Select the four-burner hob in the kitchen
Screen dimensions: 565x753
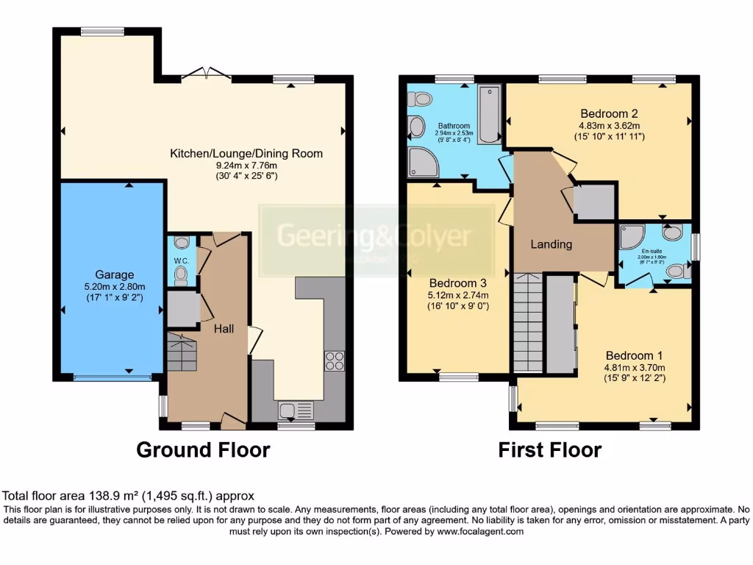click(x=333, y=360)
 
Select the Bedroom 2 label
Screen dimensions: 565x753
click(x=608, y=113)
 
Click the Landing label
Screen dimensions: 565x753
click(x=551, y=244)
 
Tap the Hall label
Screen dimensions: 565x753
click(x=224, y=329)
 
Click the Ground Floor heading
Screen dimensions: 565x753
click(x=203, y=449)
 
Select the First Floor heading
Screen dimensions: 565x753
click(x=549, y=449)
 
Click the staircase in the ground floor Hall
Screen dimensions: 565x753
click(x=183, y=351)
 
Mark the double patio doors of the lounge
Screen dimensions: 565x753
click(x=206, y=73)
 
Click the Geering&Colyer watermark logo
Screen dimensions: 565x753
click(x=373, y=237)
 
